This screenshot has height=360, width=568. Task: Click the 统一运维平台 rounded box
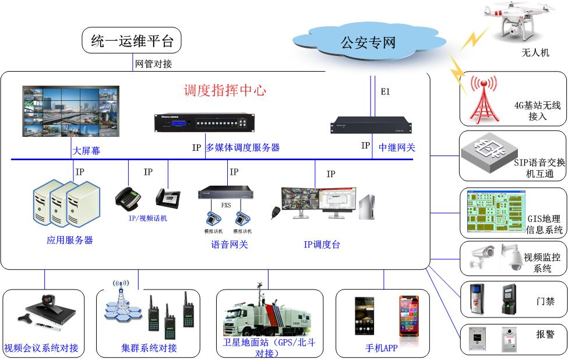132,41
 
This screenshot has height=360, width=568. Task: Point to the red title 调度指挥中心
225,90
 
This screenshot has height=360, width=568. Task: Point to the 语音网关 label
229,245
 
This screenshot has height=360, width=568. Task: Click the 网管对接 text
153,63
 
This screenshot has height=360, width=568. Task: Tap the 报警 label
545,334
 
